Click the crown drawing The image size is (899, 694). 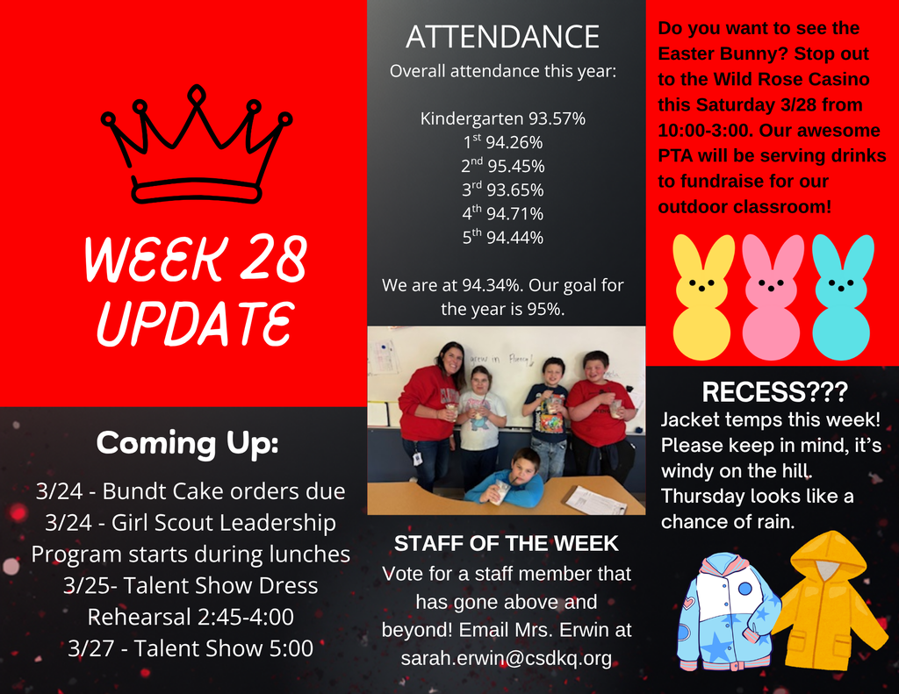pos(196,147)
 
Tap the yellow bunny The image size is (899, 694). pos(702,297)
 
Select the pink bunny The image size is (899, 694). pos(772,297)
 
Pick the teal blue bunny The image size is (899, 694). pos(841,297)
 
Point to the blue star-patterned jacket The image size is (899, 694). pos(725,611)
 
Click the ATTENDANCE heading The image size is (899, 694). pos(502,38)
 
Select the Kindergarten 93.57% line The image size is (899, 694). pos(502,118)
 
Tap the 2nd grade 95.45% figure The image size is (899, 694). pos(502,166)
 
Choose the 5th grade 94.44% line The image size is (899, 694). pos(502,237)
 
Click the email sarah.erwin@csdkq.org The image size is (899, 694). pos(506,658)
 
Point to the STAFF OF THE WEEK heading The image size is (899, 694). pos(506,544)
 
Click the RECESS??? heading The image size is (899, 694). pos(774,391)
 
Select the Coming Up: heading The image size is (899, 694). pos(187,442)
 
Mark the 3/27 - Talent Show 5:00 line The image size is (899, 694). pos(191,648)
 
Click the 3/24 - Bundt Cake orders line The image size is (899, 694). pos(191,490)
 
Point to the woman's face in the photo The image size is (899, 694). pos(451,358)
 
